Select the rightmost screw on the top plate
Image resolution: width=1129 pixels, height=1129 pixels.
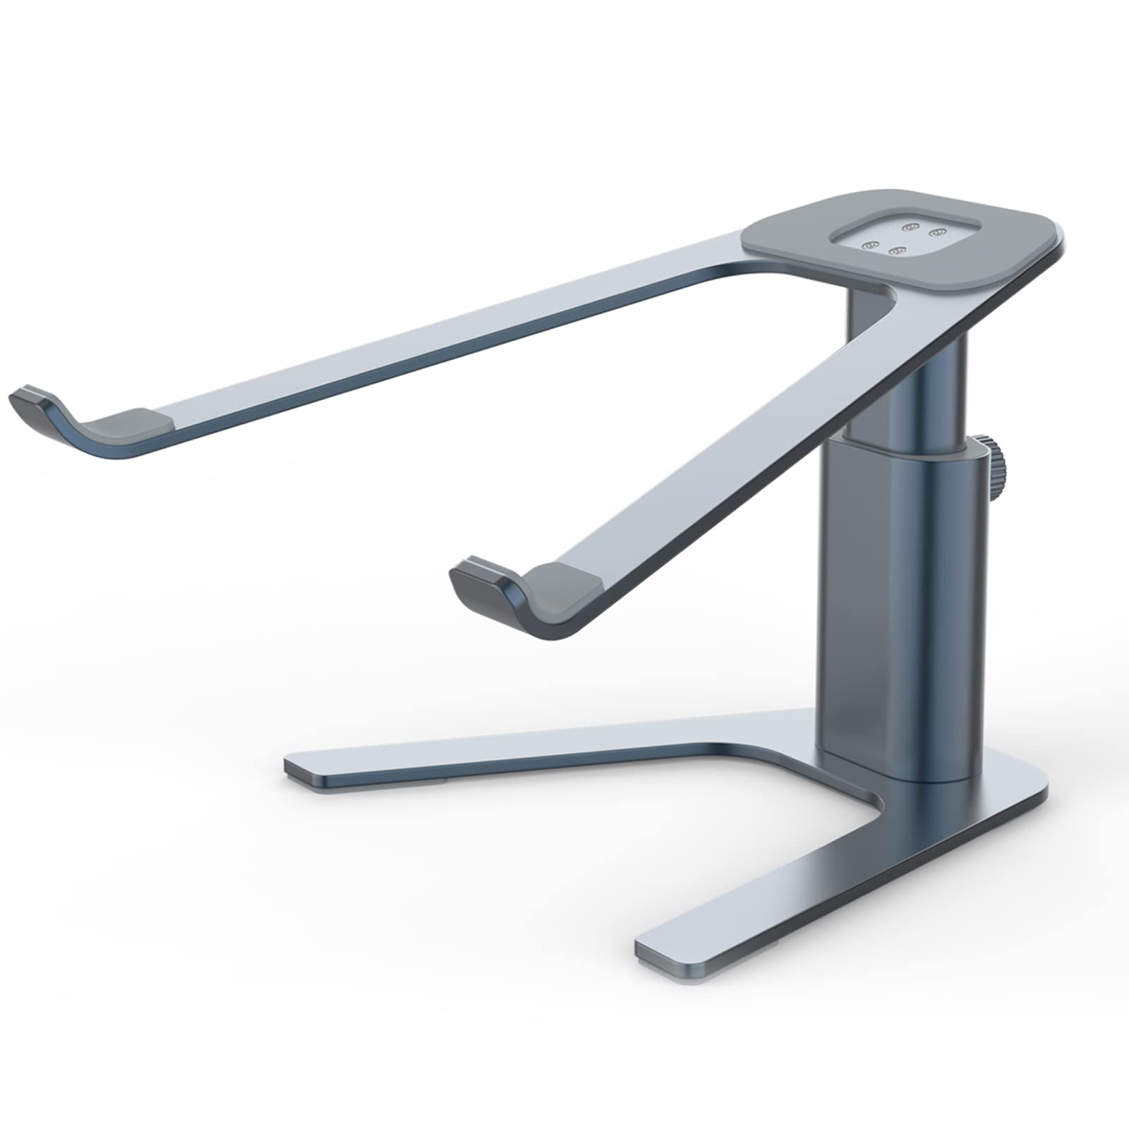pyautogui.click(x=937, y=231)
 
